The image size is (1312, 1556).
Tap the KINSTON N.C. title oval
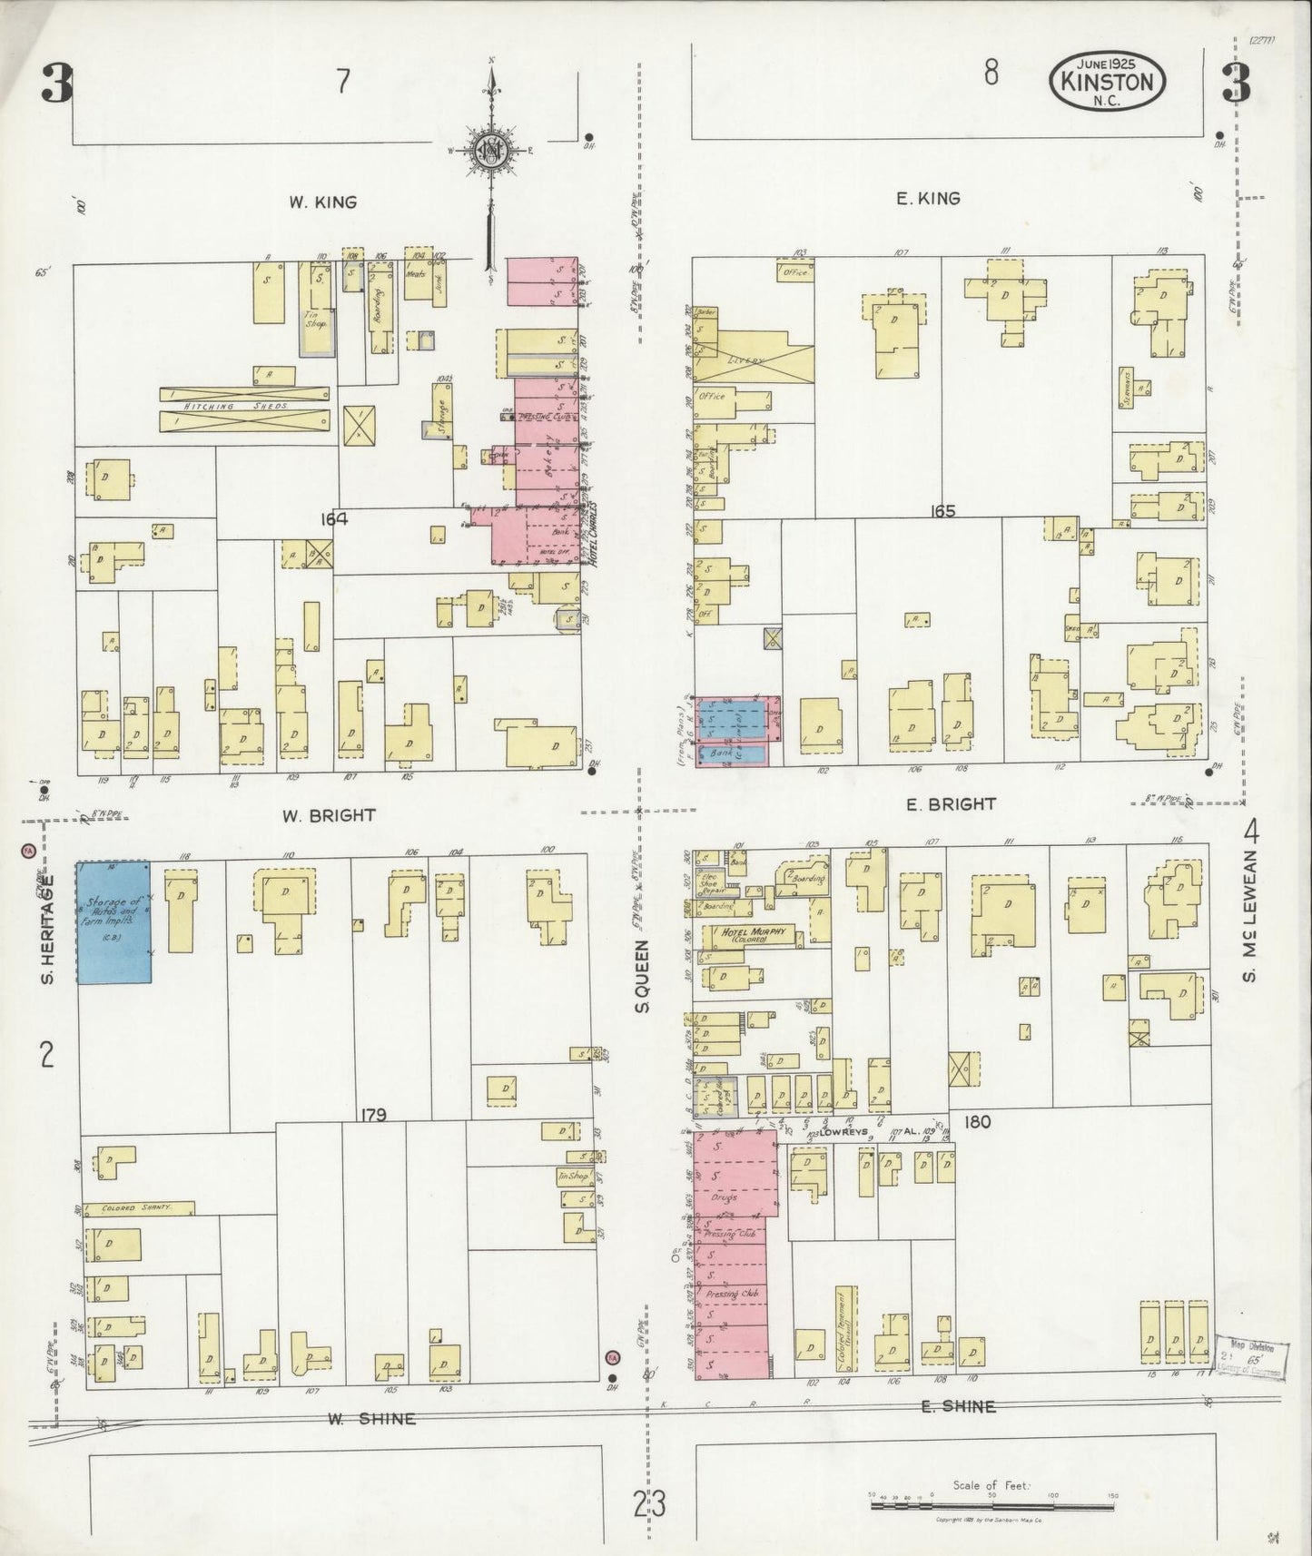click(1108, 83)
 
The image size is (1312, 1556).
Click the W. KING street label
click(323, 202)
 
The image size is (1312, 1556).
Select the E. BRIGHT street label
click(945, 803)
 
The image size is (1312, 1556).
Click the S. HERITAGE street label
click(50, 929)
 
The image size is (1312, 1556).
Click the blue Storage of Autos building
click(113, 921)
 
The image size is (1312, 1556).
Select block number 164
click(334, 519)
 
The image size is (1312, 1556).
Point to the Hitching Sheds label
click(243, 407)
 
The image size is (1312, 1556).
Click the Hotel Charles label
click(591, 534)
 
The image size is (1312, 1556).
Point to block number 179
click(372, 1115)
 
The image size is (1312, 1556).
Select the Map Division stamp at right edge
click(1252, 1357)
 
